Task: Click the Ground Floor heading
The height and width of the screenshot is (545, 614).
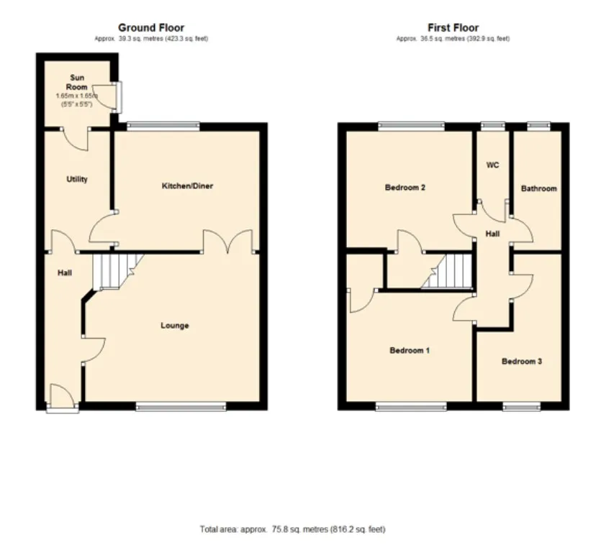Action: [x=151, y=28]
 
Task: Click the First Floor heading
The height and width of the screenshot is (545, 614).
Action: [x=453, y=28]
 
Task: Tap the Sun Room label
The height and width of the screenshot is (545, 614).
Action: [x=77, y=82]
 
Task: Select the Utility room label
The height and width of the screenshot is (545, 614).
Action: [x=77, y=179]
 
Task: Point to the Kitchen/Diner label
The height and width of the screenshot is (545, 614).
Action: [x=187, y=186]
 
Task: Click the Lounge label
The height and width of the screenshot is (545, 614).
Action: [x=175, y=326]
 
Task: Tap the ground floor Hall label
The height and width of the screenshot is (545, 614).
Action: [x=65, y=272]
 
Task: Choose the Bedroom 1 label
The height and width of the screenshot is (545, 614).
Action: [x=410, y=350]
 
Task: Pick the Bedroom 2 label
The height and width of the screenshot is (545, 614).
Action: [x=405, y=188]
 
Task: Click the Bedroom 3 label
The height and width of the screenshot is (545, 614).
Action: [x=522, y=361]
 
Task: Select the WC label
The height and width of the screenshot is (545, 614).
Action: [x=492, y=165]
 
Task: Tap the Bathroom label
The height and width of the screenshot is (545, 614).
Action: [x=539, y=188]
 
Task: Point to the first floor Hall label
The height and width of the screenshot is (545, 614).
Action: [x=492, y=234]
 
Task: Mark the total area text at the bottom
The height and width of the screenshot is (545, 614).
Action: [x=292, y=529]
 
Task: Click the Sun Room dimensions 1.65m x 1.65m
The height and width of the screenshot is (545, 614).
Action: [x=77, y=96]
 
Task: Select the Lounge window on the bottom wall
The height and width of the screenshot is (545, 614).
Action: [x=181, y=407]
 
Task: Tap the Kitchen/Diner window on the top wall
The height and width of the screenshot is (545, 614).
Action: [x=163, y=126]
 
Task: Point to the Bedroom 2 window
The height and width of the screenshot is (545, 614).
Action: [x=412, y=126]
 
